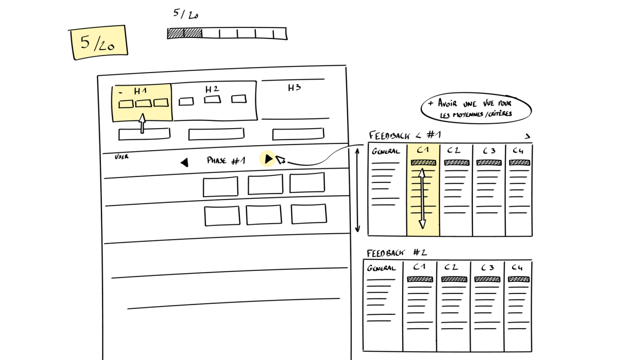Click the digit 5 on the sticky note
[x=85, y=42]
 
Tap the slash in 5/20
[x=96, y=43]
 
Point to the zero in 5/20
[x=111, y=46]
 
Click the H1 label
[x=140, y=91]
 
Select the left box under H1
[x=126, y=104]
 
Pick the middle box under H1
[x=143, y=103]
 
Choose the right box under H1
[x=161, y=103]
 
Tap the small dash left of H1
[x=120, y=92]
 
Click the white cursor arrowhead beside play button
[x=280, y=160]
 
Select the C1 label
[x=423, y=150]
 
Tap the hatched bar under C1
[x=423, y=162]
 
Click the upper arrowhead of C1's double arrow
[x=422, y=173]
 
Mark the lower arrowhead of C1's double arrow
[x=422, y=224]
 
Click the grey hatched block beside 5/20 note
[x=185, y=33]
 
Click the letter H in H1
[x=137, y=91]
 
